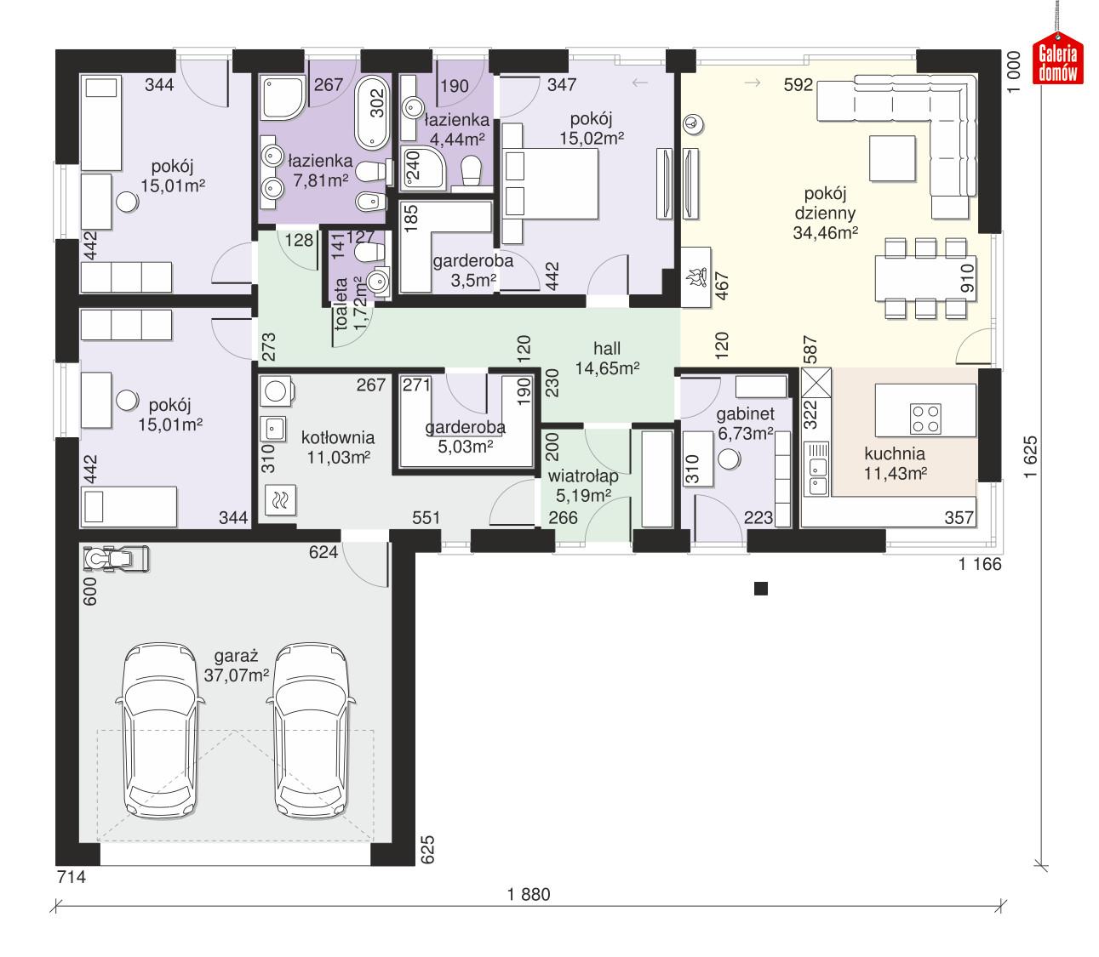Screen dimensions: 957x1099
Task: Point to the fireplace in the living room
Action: [x=701, y=276]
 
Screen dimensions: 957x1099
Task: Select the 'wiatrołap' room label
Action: [x=582, y=476]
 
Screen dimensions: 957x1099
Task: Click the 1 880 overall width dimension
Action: [x=529, y=894]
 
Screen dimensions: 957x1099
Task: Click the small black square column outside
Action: [x=761, y=589]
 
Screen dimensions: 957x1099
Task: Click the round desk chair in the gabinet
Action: [x=730, y=459]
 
